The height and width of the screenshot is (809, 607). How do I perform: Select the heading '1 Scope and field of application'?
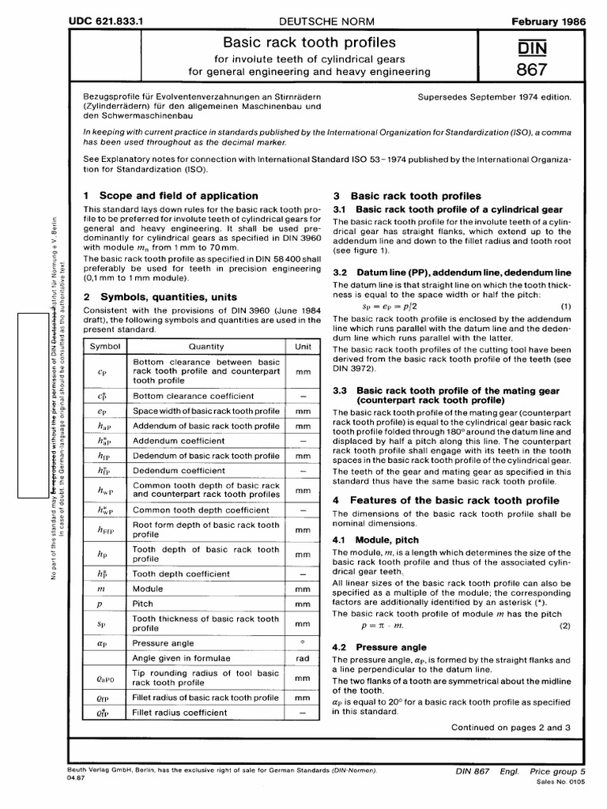point(171,195)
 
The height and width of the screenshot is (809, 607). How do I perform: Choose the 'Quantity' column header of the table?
point(205,346)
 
